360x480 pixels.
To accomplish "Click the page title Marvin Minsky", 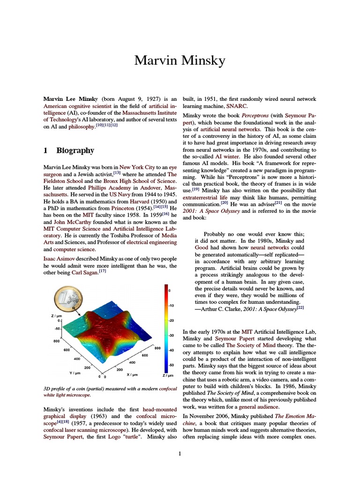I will [x=180, y=61].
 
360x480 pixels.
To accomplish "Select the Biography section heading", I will [x=75, y=150].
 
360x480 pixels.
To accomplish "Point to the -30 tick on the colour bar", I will [x=171, y=335].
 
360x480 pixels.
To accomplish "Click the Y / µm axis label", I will [x=75, y=373].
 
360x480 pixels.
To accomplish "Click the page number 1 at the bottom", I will [x=180, y=453].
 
